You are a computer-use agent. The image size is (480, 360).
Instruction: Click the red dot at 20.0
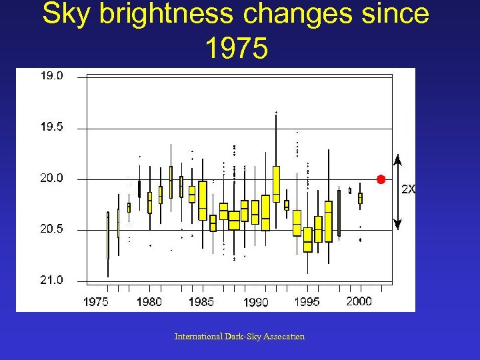pyautogui.click(x=381, y=179)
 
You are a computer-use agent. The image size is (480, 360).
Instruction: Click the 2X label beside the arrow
pyautogui.click(x=408, y=189)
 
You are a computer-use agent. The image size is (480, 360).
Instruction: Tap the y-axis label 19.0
pyautogui.click(x=51, y=76)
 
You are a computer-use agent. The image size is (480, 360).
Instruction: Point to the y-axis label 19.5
pyautogui.click(x=51, y=127)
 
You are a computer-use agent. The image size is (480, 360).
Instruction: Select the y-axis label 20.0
pyautogui.click(x=51, y=178)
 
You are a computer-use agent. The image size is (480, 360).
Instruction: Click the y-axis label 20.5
pyautogui.click(x=51, y=229)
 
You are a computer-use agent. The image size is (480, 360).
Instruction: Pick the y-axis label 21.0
pyautogui.click(x=51, y=280)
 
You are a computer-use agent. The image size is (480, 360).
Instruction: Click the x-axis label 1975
pyautogui.click(x=96, y=302)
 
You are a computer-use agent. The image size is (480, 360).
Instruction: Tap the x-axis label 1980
pyautogui.click(x=149, y=302)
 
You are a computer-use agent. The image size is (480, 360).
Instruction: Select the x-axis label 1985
pyautogui.click(x=201, y=302)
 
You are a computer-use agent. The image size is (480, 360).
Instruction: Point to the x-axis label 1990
pyautogui.click(x=255, y=303)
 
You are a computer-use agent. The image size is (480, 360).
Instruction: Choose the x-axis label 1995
pyautogui.click(x=307, y=302)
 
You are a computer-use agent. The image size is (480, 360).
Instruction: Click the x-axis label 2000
pyautogui.click(x=359, y=301)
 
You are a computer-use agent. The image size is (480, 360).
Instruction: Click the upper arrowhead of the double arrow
pyautogui.click(x=397, y=159)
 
